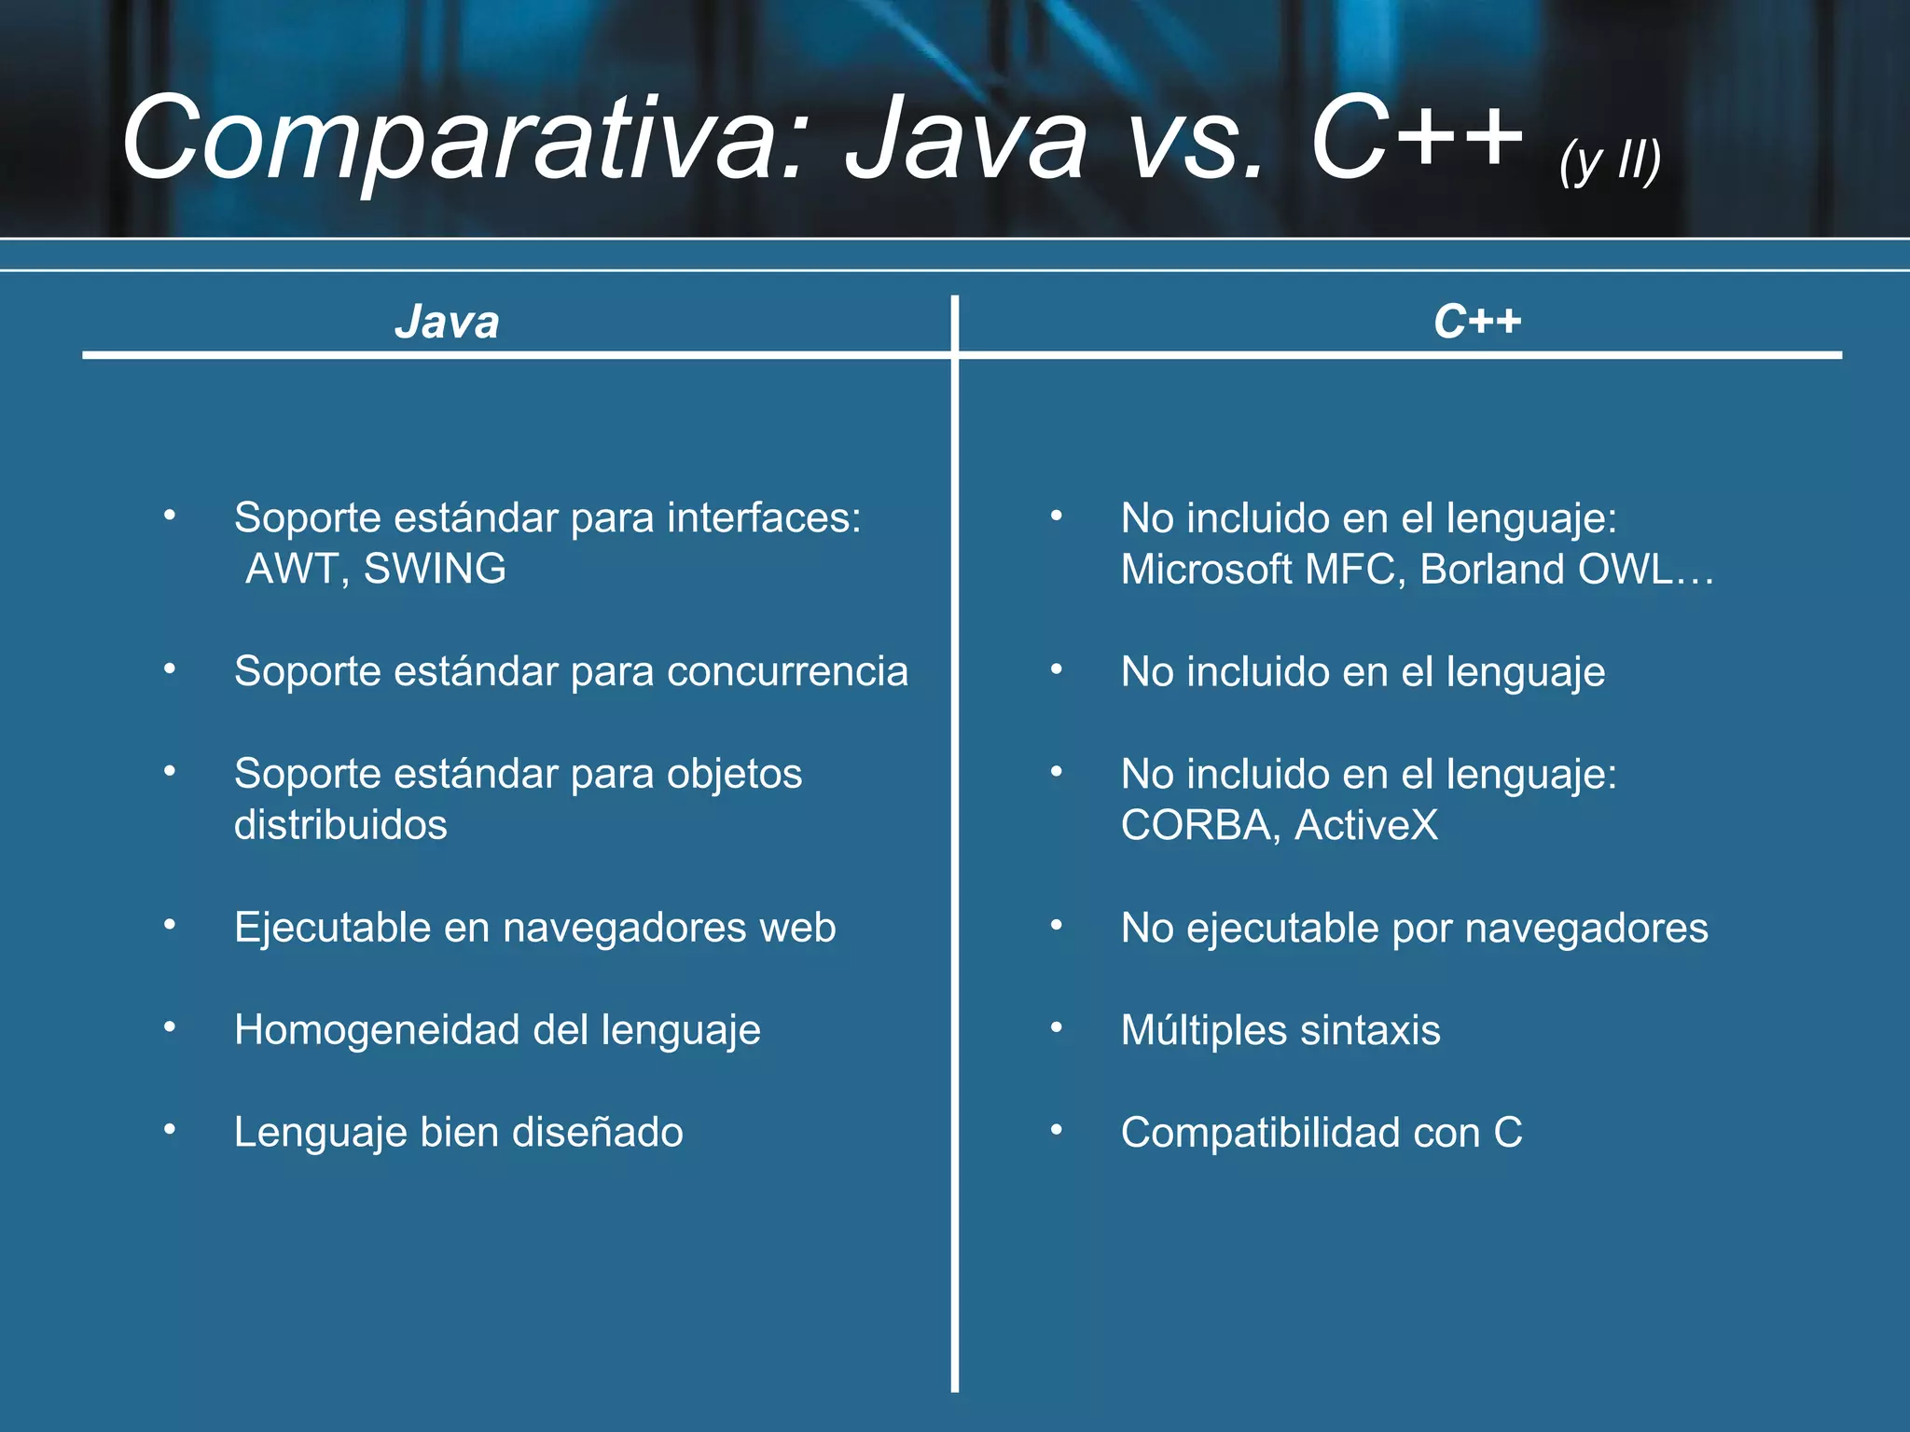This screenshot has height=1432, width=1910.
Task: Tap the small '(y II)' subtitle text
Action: [1610, 161]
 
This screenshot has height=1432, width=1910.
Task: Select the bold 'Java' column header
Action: [447, 323]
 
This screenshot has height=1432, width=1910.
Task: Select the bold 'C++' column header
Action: [1477, 323]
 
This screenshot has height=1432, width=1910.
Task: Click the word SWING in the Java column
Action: [435, 569]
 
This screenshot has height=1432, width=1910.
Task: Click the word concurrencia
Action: [787, 671]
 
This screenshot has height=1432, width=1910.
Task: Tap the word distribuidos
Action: [340, 825]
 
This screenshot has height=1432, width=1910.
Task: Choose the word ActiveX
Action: [1366, 825]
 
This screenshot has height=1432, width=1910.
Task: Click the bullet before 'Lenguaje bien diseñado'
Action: [170, 1130]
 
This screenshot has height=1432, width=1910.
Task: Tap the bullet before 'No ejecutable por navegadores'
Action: [1057, 925]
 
